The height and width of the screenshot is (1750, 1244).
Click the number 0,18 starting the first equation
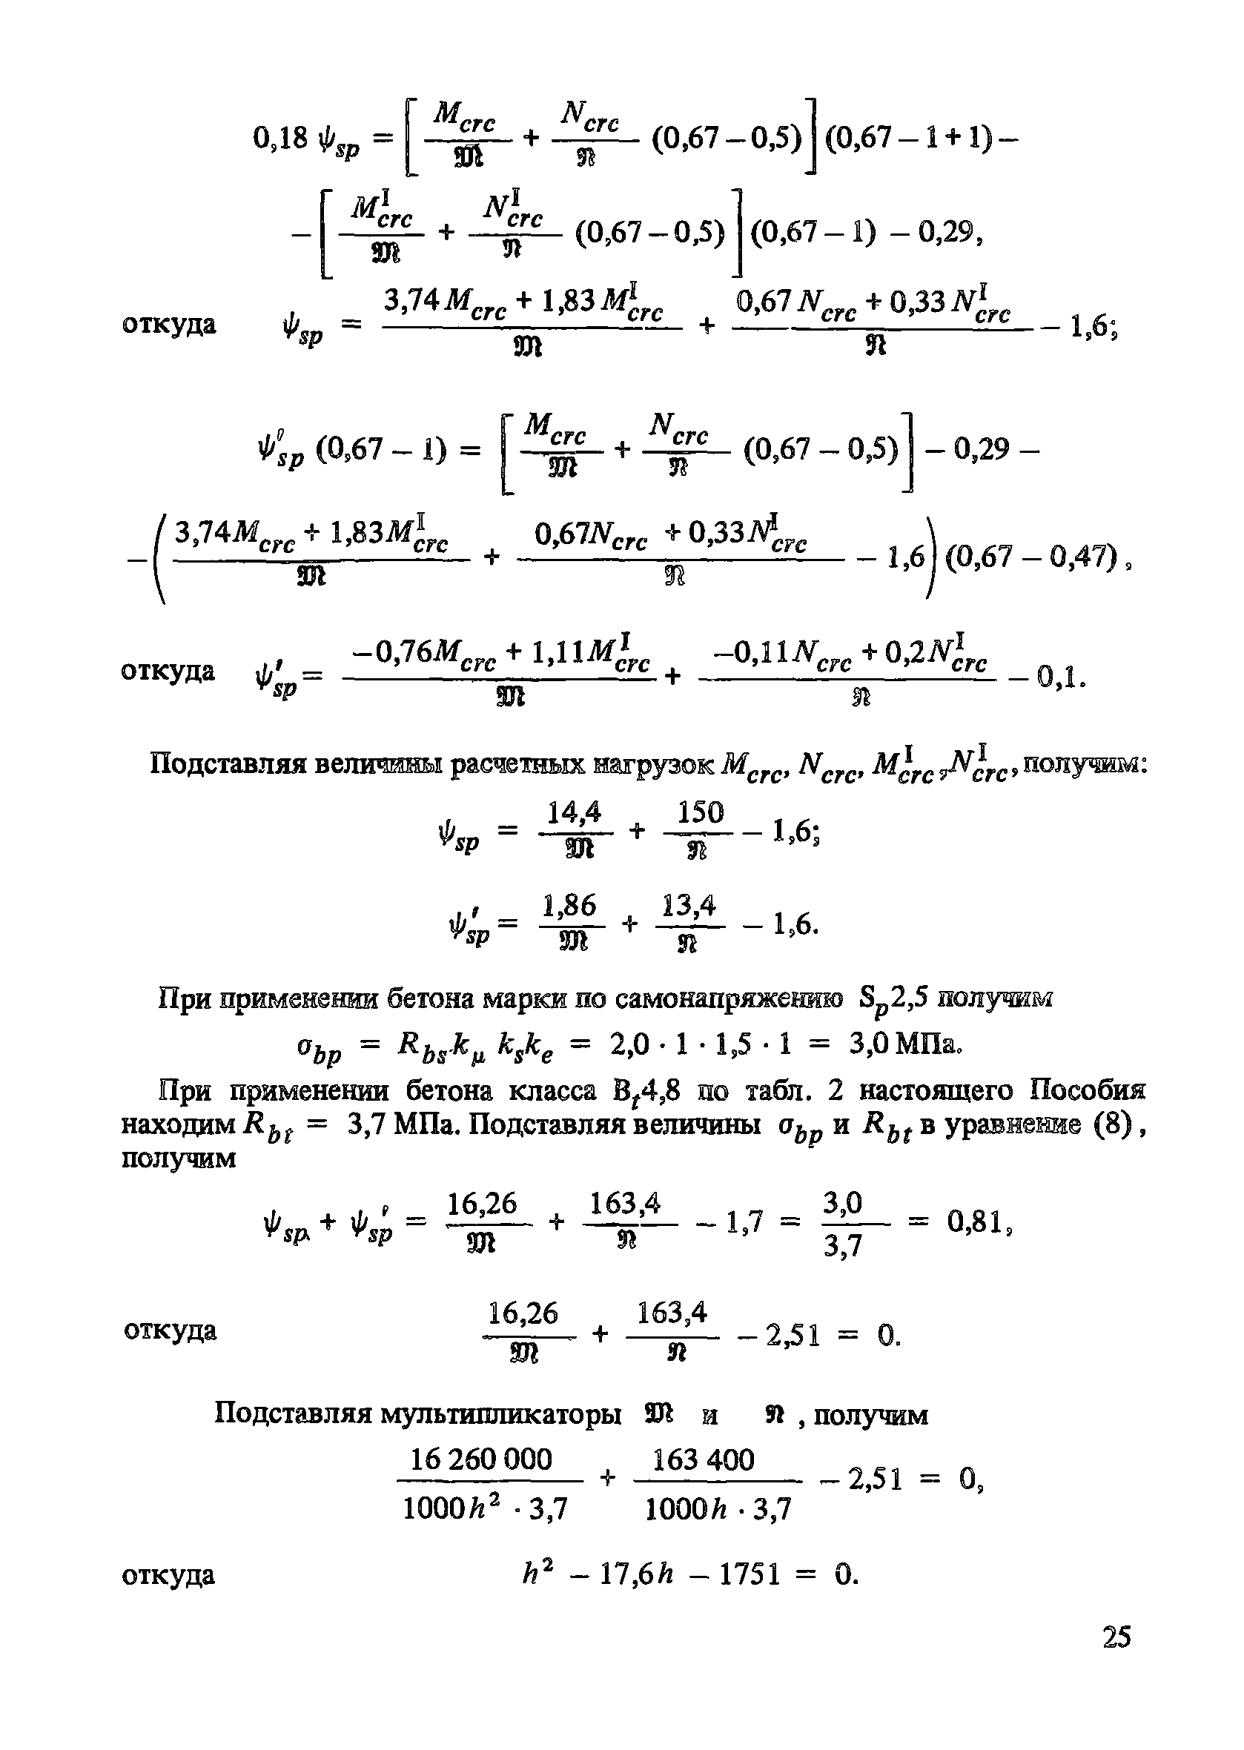(280, 138)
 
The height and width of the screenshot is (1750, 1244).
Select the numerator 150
(700, 812)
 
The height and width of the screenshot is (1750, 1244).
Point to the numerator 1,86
(569, 906)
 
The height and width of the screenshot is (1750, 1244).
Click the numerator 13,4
(689, 906)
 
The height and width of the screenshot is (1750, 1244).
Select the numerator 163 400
(704, 1459)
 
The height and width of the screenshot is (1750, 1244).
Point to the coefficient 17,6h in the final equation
(637, 1575)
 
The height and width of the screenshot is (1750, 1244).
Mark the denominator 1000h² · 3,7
(485, 1509)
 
